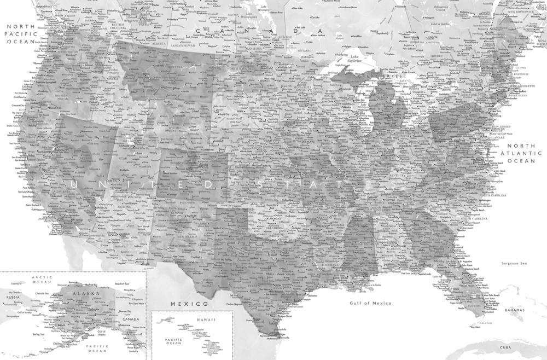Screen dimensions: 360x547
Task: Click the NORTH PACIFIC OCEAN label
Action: point(20,33)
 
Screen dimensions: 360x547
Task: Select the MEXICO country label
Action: point(189,303)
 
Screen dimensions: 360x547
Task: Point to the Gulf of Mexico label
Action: point(371,303)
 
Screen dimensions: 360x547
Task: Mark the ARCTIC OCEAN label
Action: point(42,281)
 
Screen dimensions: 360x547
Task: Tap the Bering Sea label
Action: point(38,333)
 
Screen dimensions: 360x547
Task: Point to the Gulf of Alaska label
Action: point(101,334)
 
